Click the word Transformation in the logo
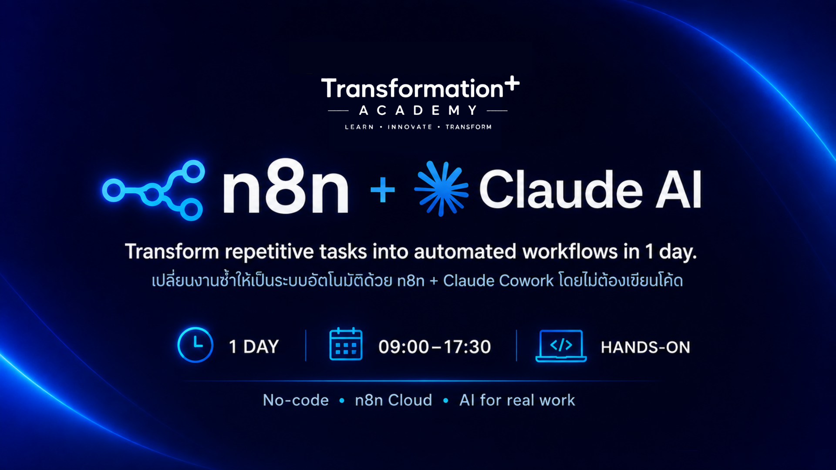(412, 88)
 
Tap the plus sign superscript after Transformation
(512, 83)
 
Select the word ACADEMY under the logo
(418, 111)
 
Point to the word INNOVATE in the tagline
(410, 127)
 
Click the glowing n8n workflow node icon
(153, 190)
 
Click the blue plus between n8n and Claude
(383, 190)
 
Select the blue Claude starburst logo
(442, 188)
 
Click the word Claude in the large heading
(561, 189)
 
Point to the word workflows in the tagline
(570, 252)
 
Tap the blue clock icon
(195, 345)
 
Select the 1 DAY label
(254, 347)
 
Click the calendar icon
(346, 344)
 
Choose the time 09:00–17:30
(435, 347)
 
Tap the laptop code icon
(561, 346)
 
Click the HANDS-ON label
(645, 347)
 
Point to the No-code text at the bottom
(296, 400)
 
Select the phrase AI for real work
(517, 400)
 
